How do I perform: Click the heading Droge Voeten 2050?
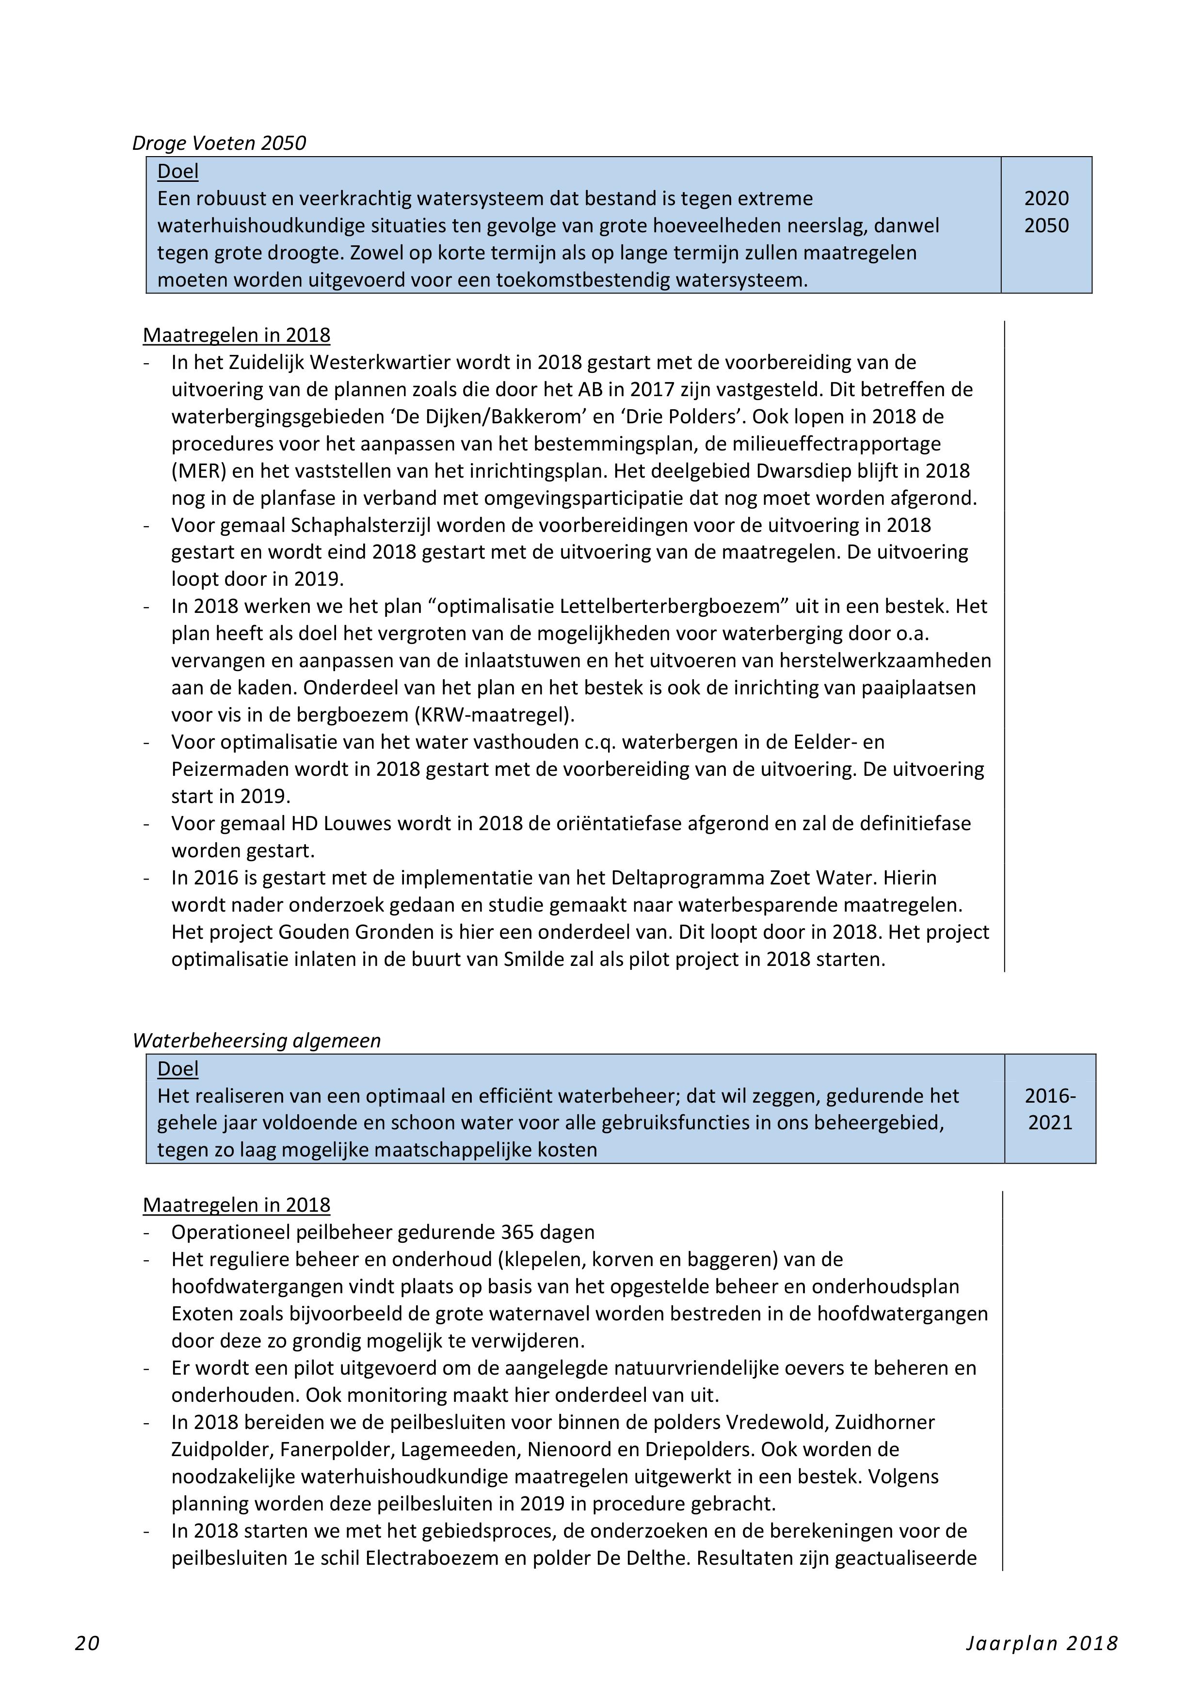[219, 143]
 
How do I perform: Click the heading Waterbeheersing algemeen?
[257, 1041]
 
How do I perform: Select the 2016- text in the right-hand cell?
[1050, 1096]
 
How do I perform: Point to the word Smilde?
[534, 960]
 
